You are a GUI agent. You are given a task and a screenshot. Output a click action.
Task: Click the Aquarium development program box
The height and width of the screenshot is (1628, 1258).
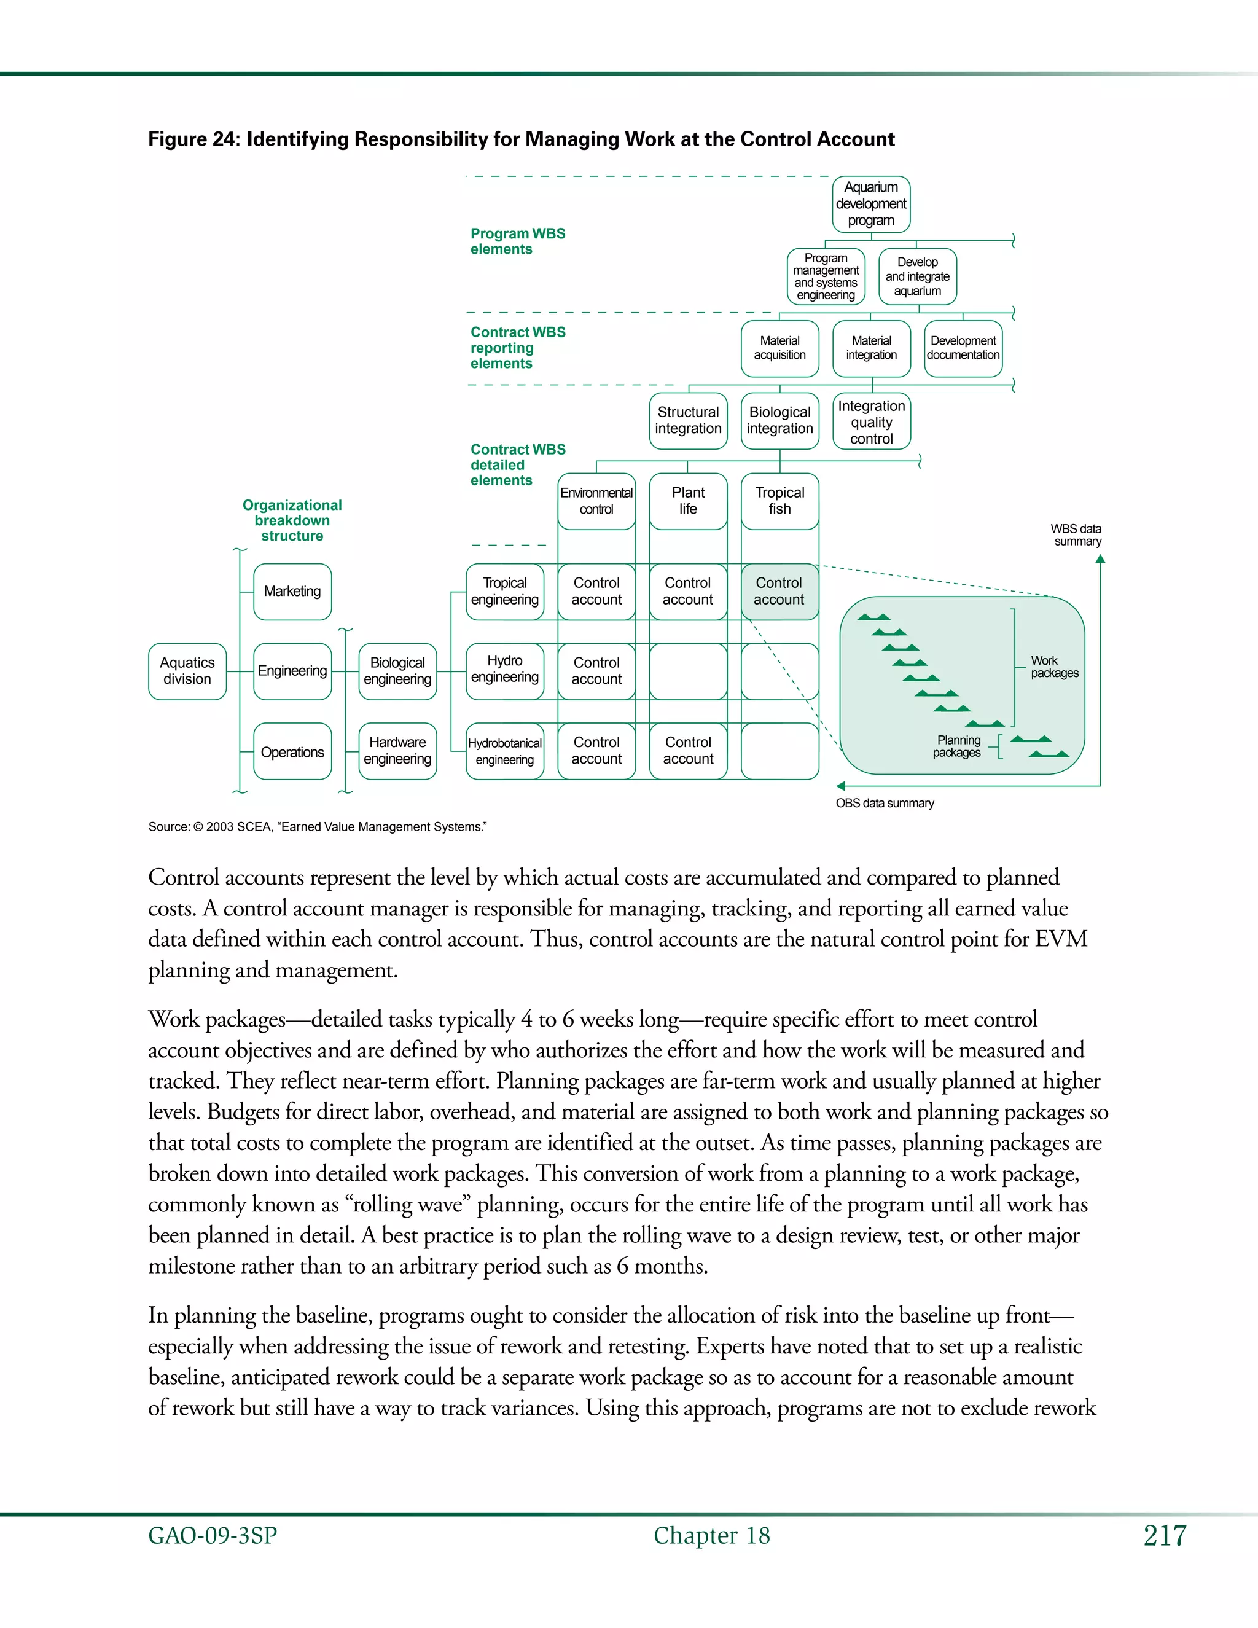click(x=870, y=204)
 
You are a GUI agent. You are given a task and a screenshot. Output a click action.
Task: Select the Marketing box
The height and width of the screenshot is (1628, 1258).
click(x=292, y=592)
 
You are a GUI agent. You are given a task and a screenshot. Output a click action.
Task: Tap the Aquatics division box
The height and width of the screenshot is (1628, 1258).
click(x=187, y=671)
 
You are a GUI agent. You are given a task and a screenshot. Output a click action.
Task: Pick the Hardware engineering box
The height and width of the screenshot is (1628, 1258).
click(x=397, y=751)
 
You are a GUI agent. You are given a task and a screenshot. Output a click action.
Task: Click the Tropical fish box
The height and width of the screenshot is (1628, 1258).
click(x=779, y=501)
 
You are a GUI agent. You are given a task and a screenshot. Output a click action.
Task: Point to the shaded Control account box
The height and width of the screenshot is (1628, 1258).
click(x=779, y=592)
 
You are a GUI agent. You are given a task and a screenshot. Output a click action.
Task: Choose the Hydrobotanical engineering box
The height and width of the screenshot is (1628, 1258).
click(x=504, y=751)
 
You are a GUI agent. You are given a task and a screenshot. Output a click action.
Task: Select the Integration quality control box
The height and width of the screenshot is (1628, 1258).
click(x=871, y=422)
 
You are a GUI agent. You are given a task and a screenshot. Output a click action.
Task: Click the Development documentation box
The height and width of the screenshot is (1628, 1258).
click(x=963, y=348)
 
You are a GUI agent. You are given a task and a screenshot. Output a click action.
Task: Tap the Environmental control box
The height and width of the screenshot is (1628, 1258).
click(x=596, y=501)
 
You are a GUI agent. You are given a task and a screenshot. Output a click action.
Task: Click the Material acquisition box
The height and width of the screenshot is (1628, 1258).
click(x=779, y=348)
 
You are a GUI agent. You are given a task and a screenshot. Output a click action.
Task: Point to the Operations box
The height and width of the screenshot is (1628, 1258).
click(x=292, y=752)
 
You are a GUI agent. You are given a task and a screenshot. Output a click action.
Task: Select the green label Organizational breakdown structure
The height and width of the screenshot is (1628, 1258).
click(x=292, y=520)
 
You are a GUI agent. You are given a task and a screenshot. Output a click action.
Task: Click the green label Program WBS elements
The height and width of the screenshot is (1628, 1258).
click(x=517, y=241)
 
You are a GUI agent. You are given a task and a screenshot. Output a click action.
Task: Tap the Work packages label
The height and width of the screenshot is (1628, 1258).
click(x=1054, y=667)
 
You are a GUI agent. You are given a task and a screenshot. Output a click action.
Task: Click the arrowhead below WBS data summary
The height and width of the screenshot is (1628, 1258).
click(x=1100, y=559)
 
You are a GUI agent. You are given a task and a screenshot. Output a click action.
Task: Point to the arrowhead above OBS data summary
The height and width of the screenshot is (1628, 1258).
click(x=841, y=786)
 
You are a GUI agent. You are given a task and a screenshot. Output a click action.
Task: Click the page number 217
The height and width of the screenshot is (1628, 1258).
click(x=1164, y=1536)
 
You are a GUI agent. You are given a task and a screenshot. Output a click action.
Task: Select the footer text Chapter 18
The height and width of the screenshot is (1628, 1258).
click(x=712, y=1536)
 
